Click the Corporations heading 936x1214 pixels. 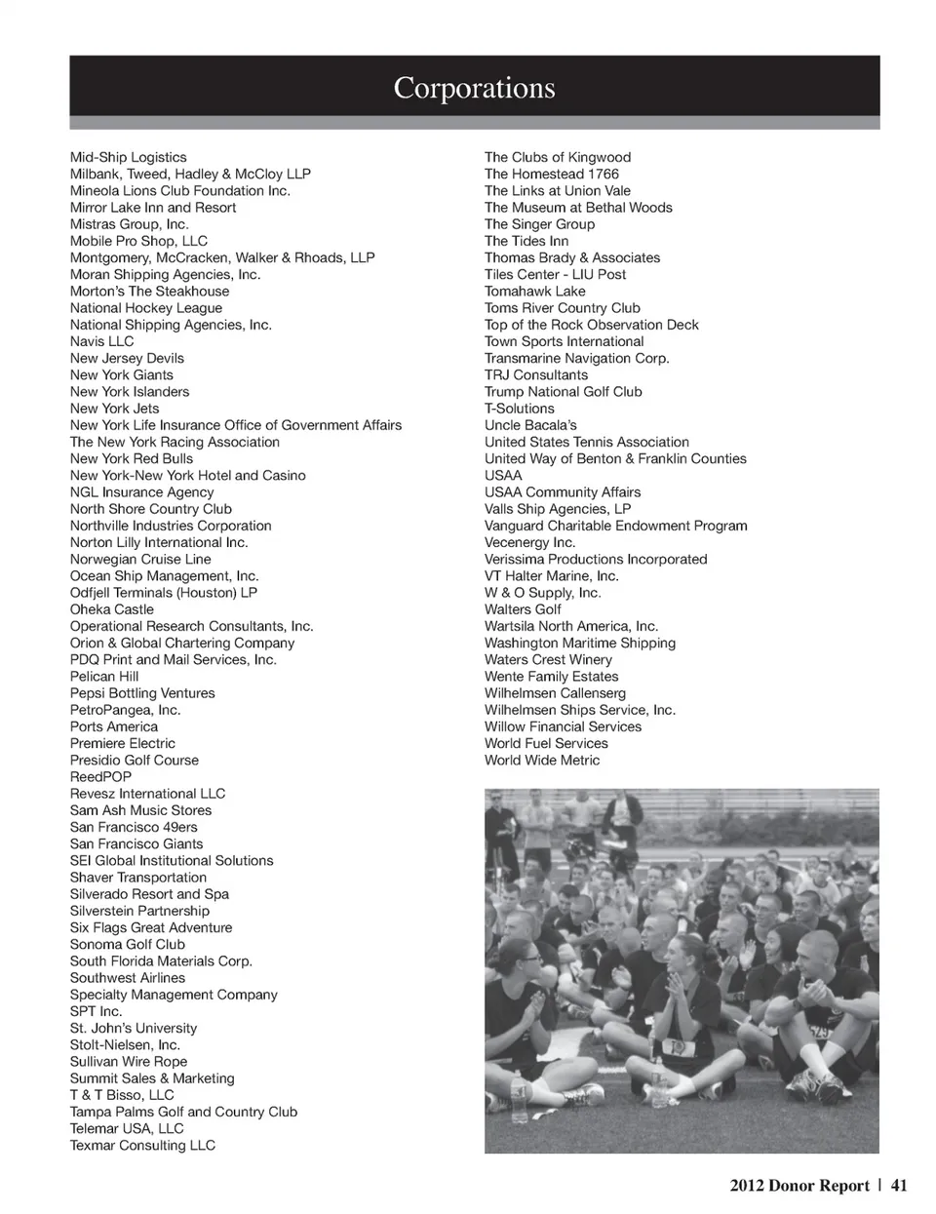click(x=474, y=88)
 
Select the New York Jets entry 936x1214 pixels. click(x=114, y=409)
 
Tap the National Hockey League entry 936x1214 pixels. click(x=146, y=308)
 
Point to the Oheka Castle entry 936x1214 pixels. click(x=111, y=609)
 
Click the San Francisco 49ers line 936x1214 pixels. click(x=134, y=827)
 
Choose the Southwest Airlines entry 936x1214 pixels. click(x=127, y=978)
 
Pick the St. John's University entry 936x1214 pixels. click(x=133, y=1028)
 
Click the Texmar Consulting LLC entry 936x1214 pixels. click(x=142, y=1145)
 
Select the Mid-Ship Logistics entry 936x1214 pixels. click(x=128, y=157)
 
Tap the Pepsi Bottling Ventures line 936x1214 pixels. click(x=142, y=693)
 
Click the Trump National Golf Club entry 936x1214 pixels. click(x=563, y=392)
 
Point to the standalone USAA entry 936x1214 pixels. click(x=503, y=476)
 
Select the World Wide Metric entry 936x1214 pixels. click(x=542, y=761)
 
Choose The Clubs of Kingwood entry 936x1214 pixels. click(x=557, y=157)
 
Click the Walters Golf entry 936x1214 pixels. click(x=523, y=609)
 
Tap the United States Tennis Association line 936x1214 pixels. click(x=586, y=442)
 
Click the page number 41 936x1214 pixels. click(x=899, y=1186)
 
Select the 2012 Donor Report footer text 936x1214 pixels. click(x=799, y=1186)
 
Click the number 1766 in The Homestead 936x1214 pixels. click(x=603, y=174)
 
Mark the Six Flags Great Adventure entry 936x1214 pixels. click(x=151, y=927)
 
